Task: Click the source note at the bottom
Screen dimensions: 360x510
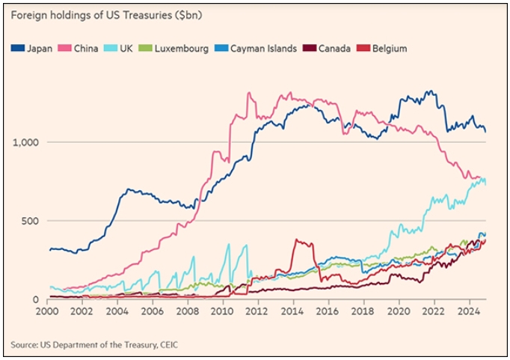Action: point(94,345)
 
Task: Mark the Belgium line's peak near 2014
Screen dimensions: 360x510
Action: point(297,240)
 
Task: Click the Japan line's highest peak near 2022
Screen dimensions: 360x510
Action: point(428,91)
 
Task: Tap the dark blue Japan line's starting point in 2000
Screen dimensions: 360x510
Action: point(49,249)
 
